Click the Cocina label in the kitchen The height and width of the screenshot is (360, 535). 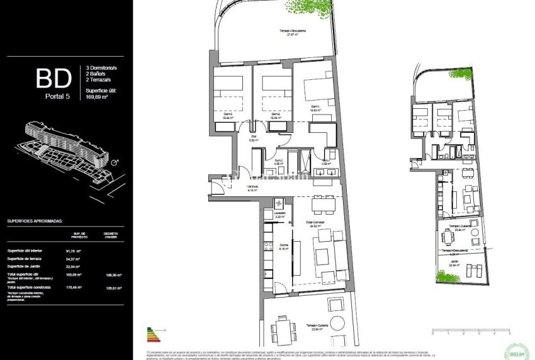tap(283, 246)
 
